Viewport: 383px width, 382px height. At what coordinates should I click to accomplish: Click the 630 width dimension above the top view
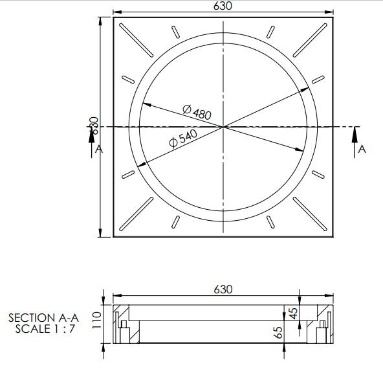click(x=223, y=6)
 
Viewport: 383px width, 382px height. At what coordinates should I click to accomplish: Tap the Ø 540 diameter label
click(x=182, y=139)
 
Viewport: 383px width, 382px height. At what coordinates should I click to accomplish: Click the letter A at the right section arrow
click(x=362, y=149)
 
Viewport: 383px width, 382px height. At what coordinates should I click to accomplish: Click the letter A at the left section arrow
click(x=98, y=149)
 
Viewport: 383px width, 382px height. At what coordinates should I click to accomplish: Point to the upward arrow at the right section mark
click(x=355, y=135)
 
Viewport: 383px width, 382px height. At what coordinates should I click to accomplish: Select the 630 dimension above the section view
click(x=223, y=289)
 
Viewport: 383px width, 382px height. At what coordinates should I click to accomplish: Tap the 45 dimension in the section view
click(x=293, y=313)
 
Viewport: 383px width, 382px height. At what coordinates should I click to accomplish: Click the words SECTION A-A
click(x=43, y=318)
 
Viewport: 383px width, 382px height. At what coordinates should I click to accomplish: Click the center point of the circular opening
click(x=223, y=127)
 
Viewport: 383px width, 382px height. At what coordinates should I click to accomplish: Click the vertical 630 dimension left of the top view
click(x=94, y=124)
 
